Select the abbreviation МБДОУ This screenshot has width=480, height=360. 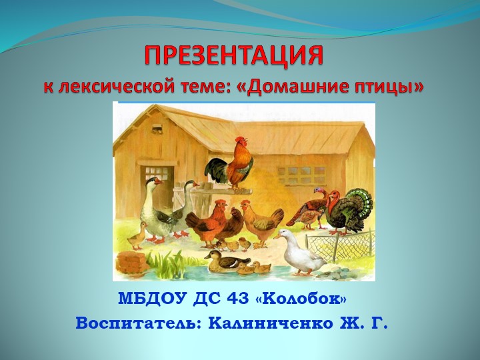(151, 297)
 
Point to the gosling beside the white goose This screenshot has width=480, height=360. (137, 234)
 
